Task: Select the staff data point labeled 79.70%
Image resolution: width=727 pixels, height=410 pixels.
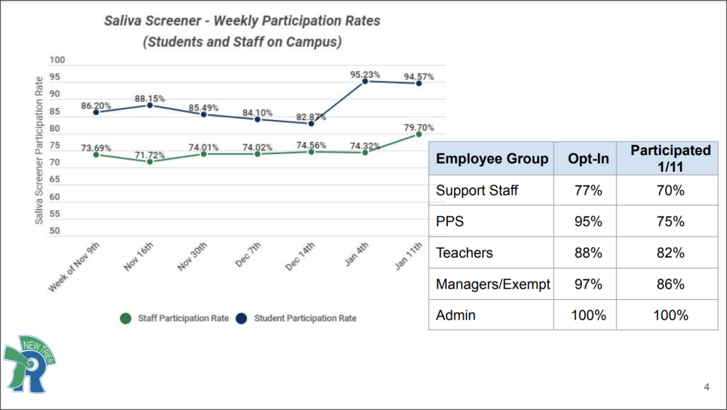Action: pos(420,134)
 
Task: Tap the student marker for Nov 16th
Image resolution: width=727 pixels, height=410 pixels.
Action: pos(150,105)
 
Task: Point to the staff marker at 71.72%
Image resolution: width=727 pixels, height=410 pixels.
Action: pos(150,161)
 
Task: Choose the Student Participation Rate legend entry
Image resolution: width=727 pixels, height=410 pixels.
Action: pos(298,318)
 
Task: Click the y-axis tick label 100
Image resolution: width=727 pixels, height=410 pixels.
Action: pos(57,60)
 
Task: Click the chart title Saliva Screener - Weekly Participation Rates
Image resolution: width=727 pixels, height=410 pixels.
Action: pos(242,21)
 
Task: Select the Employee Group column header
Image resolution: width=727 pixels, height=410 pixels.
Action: pos(492,158)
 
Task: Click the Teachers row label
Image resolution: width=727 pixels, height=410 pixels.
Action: pos(464,252)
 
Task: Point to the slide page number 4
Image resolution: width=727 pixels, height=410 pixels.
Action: pos(706,387)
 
